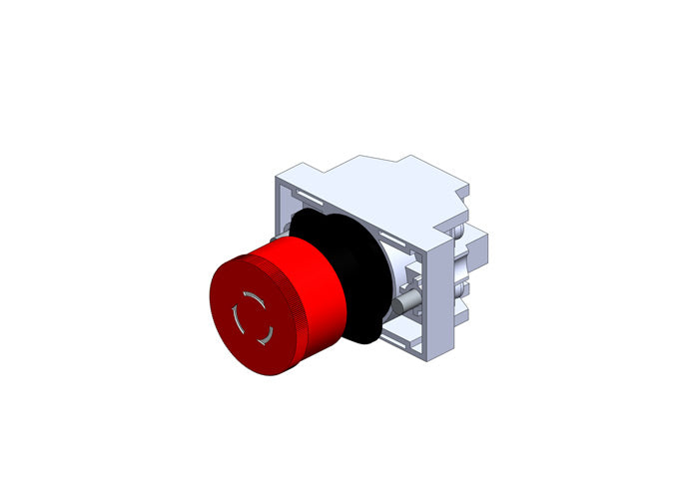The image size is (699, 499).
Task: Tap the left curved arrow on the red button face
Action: [x=236, y=320]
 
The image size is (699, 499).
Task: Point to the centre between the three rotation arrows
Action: [x=250, y=317]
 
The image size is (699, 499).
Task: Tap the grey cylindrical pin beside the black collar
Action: [x=403, y=300]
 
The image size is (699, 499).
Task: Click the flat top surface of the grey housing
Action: [x=369, y=175]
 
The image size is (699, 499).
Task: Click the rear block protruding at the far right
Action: [x=476, y=240]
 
